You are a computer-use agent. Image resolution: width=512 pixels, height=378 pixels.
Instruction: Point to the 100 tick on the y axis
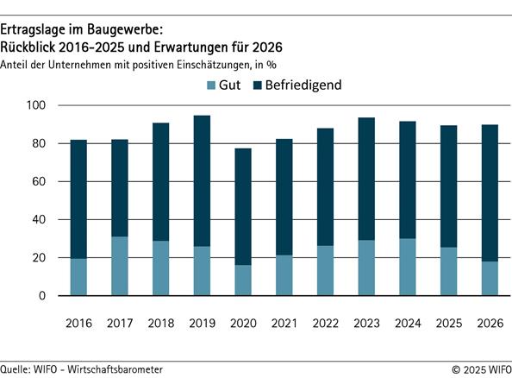(x=39, y=105)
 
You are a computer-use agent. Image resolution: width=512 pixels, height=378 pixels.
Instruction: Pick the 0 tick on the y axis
(x=46, y=296)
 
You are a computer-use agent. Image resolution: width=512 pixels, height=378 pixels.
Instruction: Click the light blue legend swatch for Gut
(x=213, y=85)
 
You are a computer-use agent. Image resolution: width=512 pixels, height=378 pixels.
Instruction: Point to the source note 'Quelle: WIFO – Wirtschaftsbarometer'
(x=82, y=369)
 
